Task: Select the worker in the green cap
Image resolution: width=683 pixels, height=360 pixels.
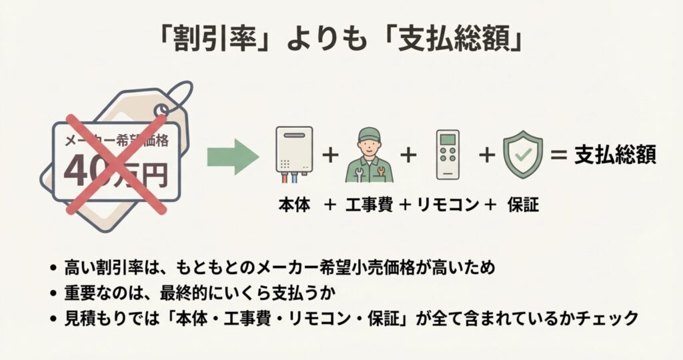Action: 369,155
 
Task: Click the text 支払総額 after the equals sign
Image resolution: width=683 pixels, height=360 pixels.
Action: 616,156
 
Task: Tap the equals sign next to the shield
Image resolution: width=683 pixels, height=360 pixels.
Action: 558,156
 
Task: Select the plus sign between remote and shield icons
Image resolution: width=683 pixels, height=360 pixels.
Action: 487,156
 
